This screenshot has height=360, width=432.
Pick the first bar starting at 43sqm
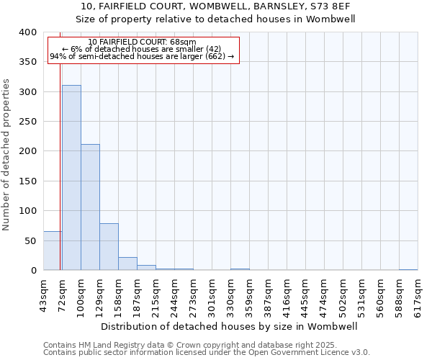pyautogui.click(x=53, y=251)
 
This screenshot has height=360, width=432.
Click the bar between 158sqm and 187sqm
pyautogui.click(x=127, y=264)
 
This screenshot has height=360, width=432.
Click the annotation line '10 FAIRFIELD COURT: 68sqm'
pyautogui.click(x=142, y=42)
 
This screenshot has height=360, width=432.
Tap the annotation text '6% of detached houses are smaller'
pyautogui.click(x=142, y=49)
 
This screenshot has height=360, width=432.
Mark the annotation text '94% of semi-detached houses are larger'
pyautogui.click(x=142, y=56)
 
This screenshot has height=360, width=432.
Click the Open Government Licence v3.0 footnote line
pyautogui.click(x=207, y=352)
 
